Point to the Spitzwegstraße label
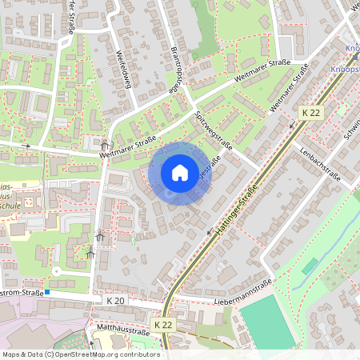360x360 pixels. [214, 132]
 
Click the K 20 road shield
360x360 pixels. [116, 300]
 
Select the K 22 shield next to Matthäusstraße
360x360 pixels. [163, 325]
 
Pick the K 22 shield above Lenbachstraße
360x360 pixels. [311, 113]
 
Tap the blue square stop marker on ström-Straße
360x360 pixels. [48, 293]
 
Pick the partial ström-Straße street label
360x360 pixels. [22, 293]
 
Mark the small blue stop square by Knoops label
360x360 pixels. [356, 58]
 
